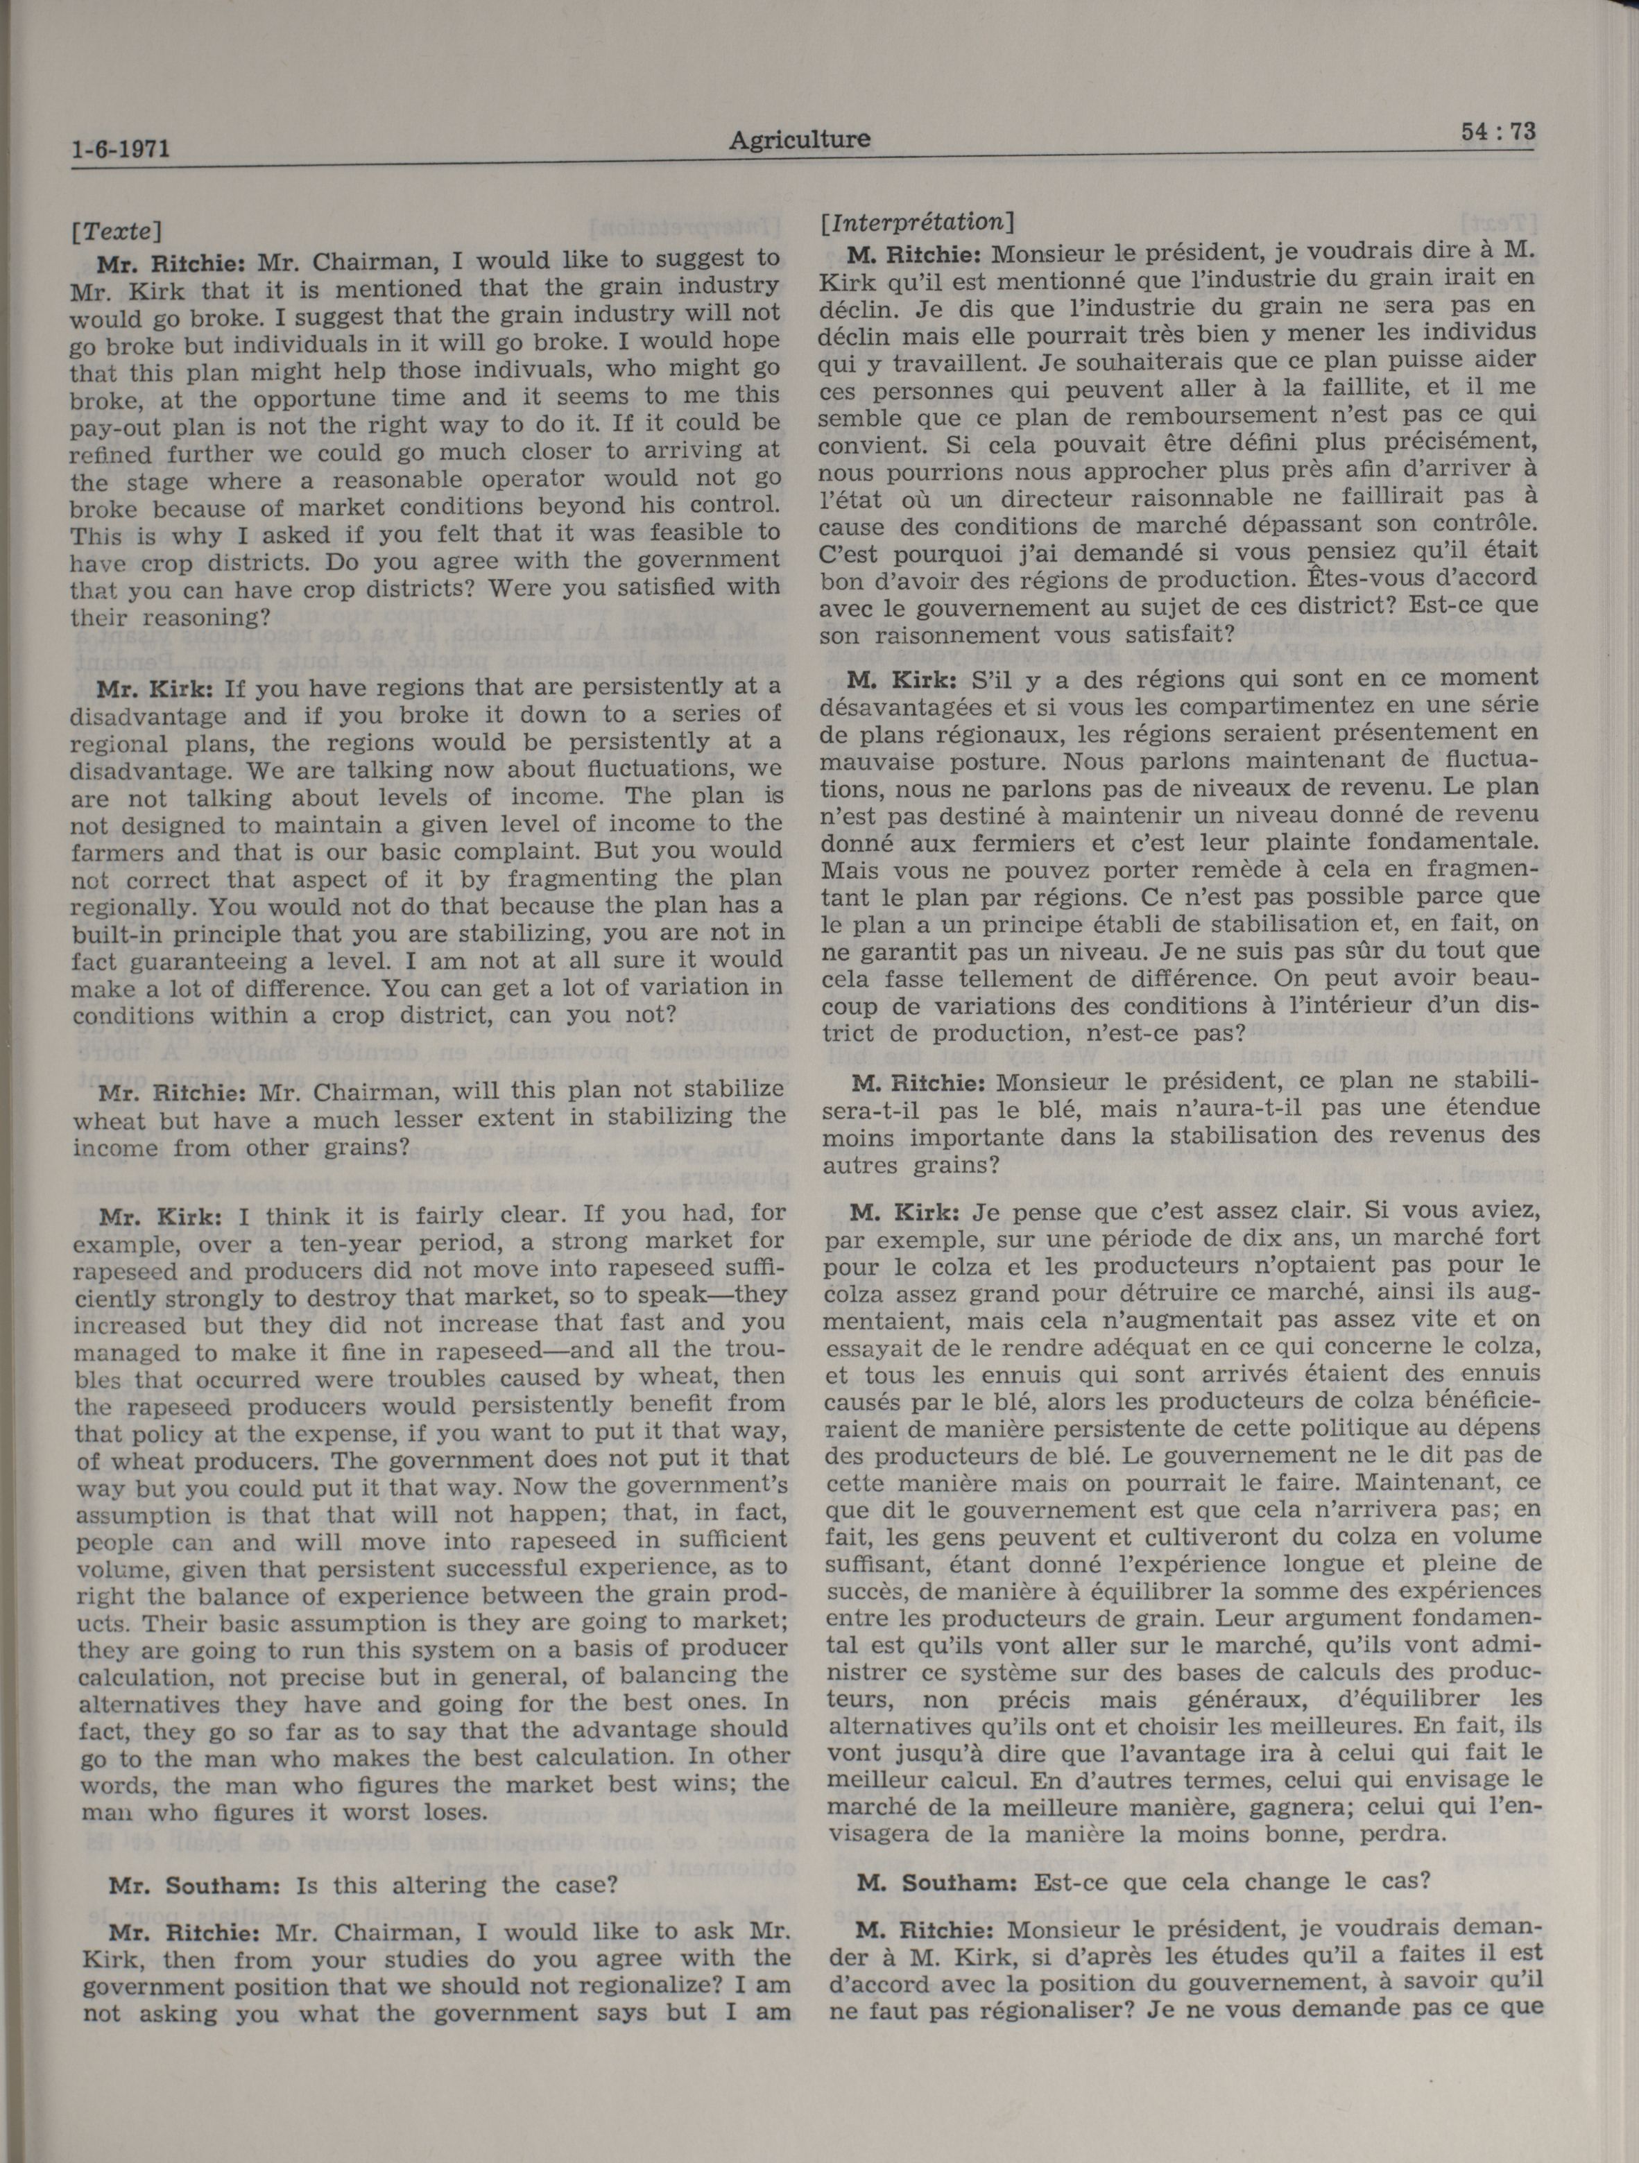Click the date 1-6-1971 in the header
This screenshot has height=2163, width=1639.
122,150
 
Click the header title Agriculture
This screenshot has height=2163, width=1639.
799,140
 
